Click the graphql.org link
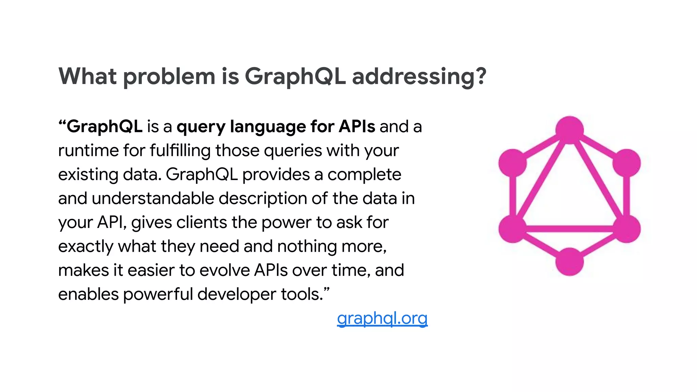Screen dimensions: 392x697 tap(382, 318)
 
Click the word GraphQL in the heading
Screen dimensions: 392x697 tap(295, 76)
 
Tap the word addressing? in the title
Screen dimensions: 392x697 tap(419, 76)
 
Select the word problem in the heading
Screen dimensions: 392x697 tap(169, 76)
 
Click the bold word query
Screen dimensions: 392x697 tap(201, 127)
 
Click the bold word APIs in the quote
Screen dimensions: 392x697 tap(357, 126)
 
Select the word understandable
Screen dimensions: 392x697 tap(153, 198)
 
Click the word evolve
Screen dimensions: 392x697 tap(225, 271)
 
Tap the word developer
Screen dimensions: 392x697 tap(237, 294)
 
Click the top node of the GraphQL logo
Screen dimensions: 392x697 tap(569, 130)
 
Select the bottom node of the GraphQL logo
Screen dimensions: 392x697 tap(569, 261)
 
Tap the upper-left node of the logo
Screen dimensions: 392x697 tap(513, 163)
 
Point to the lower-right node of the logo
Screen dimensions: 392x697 tap(627, 229)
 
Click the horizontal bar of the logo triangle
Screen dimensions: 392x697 tap(569, 229)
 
